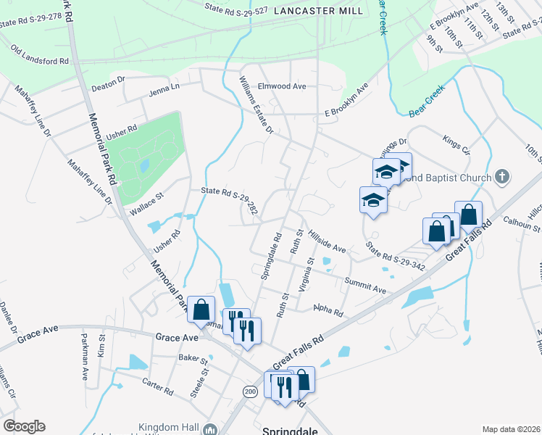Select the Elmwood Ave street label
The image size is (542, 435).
click(283, 86)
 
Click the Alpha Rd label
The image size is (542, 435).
click(328, 310)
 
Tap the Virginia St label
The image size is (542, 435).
click(306, 274)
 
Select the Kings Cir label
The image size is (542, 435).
click(456, 144)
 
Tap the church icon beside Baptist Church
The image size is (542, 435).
click(503, 177)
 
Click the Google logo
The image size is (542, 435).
click(24, 426)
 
